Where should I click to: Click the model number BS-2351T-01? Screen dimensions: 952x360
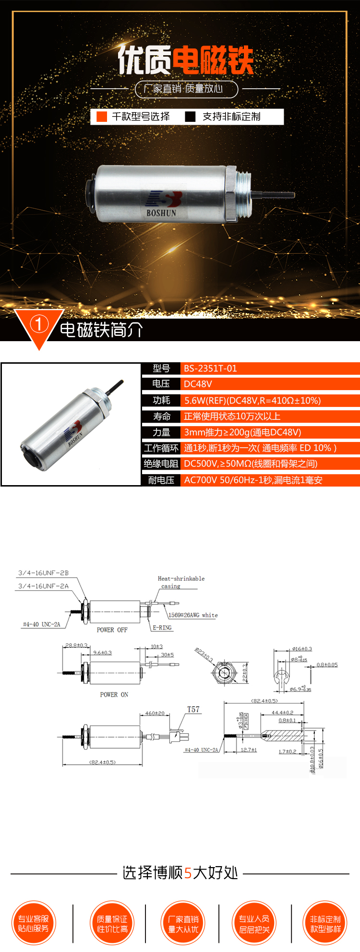tap(210, 369)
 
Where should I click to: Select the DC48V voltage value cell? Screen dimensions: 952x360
tap(198, 384)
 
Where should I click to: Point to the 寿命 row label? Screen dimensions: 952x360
tap(161, 416)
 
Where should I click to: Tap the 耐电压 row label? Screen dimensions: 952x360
tap(161, 480)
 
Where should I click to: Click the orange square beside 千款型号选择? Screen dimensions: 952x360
tap(102, 117)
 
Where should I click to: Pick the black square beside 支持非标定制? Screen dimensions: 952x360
tap(190, 117)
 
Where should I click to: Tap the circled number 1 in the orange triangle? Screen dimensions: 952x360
tap(39, 324)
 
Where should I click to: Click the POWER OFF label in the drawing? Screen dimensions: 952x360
tap(112, 630)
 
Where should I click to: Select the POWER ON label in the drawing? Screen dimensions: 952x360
tap(114, 694)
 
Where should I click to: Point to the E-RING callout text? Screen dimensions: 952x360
tap(162, 628)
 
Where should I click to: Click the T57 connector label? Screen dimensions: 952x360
tap(193, 709)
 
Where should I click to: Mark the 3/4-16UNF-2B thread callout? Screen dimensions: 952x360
tap(43, 573)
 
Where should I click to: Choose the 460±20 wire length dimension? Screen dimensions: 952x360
tap(155, 714)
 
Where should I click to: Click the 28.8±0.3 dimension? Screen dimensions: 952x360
tap(76, 645)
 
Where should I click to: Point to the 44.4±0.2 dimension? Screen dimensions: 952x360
tap(282, 713)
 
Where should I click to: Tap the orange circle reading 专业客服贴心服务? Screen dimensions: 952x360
tap(34, 923)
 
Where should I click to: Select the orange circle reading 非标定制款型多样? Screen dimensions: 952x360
tap(325, 923)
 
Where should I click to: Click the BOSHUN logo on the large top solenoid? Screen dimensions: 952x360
tap(162, 204)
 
